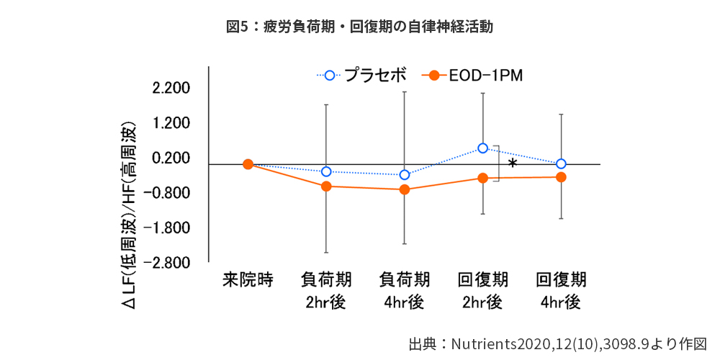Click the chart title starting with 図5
(x=359, y=27)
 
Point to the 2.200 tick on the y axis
(x=171, y=89)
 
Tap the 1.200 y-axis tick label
(x=171, y=123)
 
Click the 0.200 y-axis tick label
(x=171, y=158)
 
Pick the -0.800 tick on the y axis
(x=168, y=193)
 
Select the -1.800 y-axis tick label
(x=168, y=228)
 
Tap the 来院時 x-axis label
(x=248, y=279)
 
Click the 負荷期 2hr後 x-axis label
(x=326, y=290)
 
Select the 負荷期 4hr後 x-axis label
(x=405, y=290)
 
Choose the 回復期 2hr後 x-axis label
(x=483, y=290)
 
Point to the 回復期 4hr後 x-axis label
(x=562, y=290)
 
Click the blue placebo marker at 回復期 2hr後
(x=483, y=148)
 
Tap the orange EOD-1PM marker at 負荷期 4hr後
(x=405, y=189)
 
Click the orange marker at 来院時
(x=248, y=164)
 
